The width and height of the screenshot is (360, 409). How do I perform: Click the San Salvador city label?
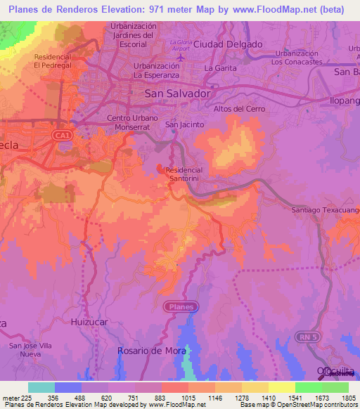177,93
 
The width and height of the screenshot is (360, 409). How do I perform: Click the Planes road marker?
181,306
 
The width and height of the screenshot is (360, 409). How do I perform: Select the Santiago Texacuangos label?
326,210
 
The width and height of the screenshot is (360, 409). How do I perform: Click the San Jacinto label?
184,124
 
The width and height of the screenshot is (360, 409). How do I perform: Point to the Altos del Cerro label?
238,109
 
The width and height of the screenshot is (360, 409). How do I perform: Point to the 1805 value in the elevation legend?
348,398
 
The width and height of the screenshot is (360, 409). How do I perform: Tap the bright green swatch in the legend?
308,387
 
